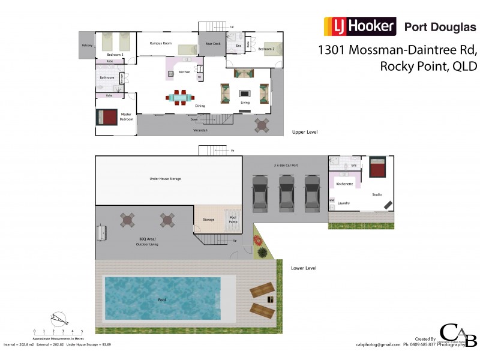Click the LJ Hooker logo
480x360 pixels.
(x=360, y=26)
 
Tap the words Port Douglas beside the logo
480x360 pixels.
(x=440, y=27)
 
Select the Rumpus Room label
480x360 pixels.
(x=161, y=43)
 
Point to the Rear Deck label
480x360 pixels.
(x=213, y=44)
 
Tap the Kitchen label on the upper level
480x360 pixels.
(x=184, y=72)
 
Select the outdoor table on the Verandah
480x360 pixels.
(x=262, y=124)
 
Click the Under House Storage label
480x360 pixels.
(x=165, y=179)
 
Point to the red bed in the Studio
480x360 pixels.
(x=377, y=167)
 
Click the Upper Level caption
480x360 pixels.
(x=304, y=131)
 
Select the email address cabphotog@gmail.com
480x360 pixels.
(x=377, y=344)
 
